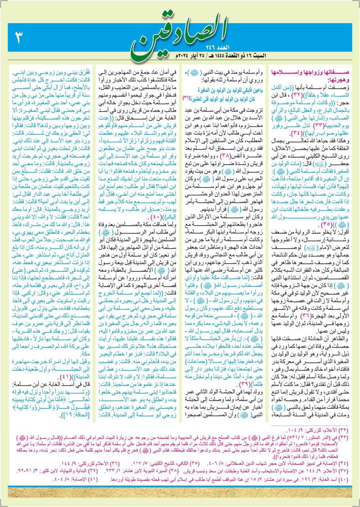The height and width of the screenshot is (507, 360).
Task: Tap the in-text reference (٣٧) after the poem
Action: coord(186,97)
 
